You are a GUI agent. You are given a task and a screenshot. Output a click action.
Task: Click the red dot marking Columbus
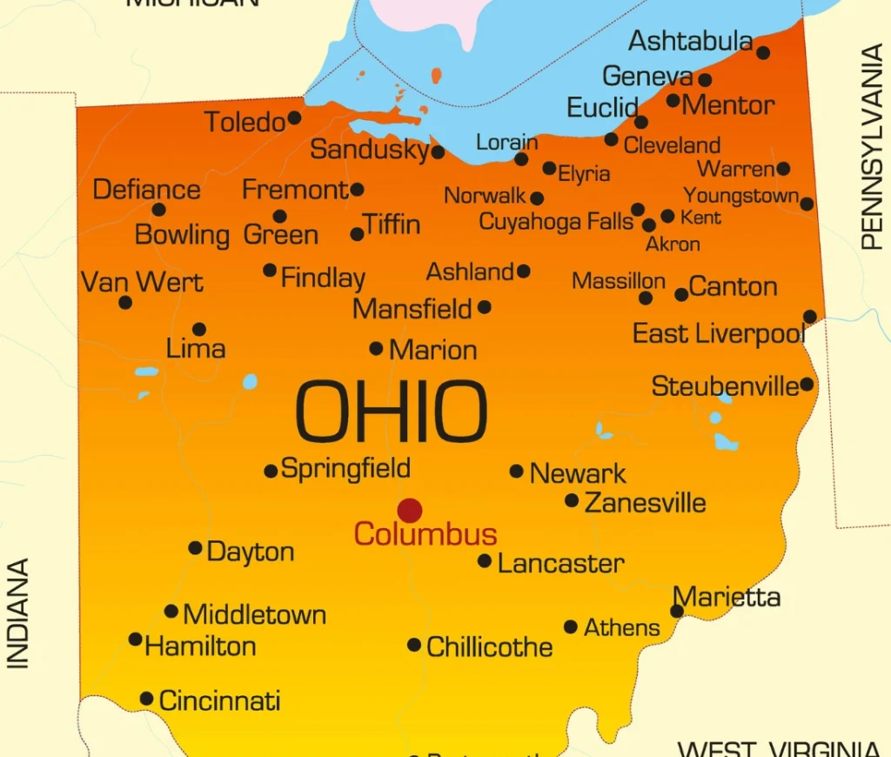[410, 511]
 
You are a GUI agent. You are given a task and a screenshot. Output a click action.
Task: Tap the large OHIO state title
[391, 412]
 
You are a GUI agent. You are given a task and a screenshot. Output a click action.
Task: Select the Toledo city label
[245, 123]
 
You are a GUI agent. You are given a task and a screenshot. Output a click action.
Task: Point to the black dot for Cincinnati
[146, 699]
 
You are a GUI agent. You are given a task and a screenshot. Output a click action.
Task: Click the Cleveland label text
[672, 145]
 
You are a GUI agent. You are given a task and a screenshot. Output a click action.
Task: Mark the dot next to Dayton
[195, 548]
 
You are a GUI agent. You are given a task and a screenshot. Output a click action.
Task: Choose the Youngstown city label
[740, 196]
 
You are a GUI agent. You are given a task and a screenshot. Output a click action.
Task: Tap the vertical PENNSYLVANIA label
[871, 148]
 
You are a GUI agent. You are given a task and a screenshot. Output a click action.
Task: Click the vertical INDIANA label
[18, 613]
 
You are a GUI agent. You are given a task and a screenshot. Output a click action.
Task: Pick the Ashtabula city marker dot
[763, 53]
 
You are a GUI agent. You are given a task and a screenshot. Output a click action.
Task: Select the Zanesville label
[645, 503]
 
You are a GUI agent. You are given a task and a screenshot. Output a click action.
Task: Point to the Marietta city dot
[677, 612]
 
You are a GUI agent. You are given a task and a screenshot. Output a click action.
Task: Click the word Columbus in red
[425, 534]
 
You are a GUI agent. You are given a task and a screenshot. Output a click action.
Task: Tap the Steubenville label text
[725, 385]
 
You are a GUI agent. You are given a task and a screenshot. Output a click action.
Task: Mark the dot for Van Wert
[125, 303]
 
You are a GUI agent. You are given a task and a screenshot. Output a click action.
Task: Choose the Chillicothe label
[489, 647]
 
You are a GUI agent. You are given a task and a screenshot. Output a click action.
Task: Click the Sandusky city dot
[439, 152]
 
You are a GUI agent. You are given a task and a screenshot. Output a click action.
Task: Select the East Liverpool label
[719, 333]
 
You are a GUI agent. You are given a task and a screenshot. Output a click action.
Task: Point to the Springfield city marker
[271, 472]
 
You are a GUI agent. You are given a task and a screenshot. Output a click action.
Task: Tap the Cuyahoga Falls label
[556, 222]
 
